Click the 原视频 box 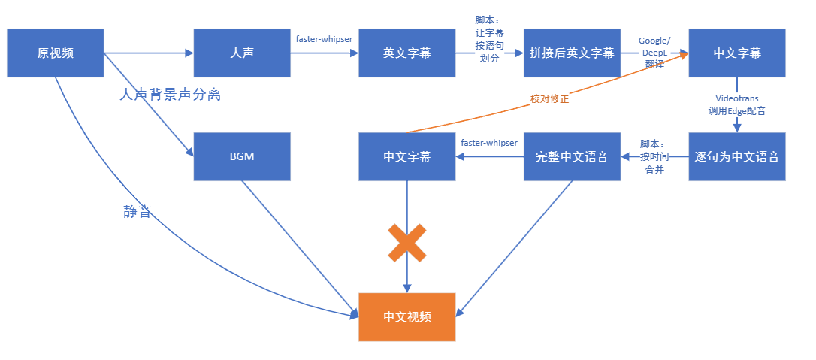coord(55,53)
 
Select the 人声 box coord(241,53)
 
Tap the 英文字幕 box coord(406,53)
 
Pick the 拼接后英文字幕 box coord(572,53)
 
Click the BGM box coord(241,156)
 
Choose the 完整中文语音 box coord(572,156)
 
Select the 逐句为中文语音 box coord(736,156)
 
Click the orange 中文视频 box coord(406,316)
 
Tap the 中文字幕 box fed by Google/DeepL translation coord(736,53)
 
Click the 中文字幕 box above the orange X coord(406,156)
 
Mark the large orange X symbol coord(406,243)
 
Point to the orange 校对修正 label coord(550,98)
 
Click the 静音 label coord(138,212)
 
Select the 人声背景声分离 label coord(171,95)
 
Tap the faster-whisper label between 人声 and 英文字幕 coord(324,38)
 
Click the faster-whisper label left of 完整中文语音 coord(489,142)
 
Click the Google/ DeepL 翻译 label coord(654,52)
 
